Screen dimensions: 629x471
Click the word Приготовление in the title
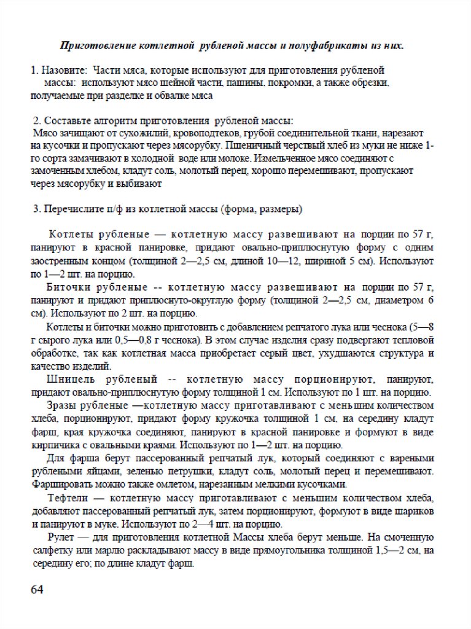tap(89, 45)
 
